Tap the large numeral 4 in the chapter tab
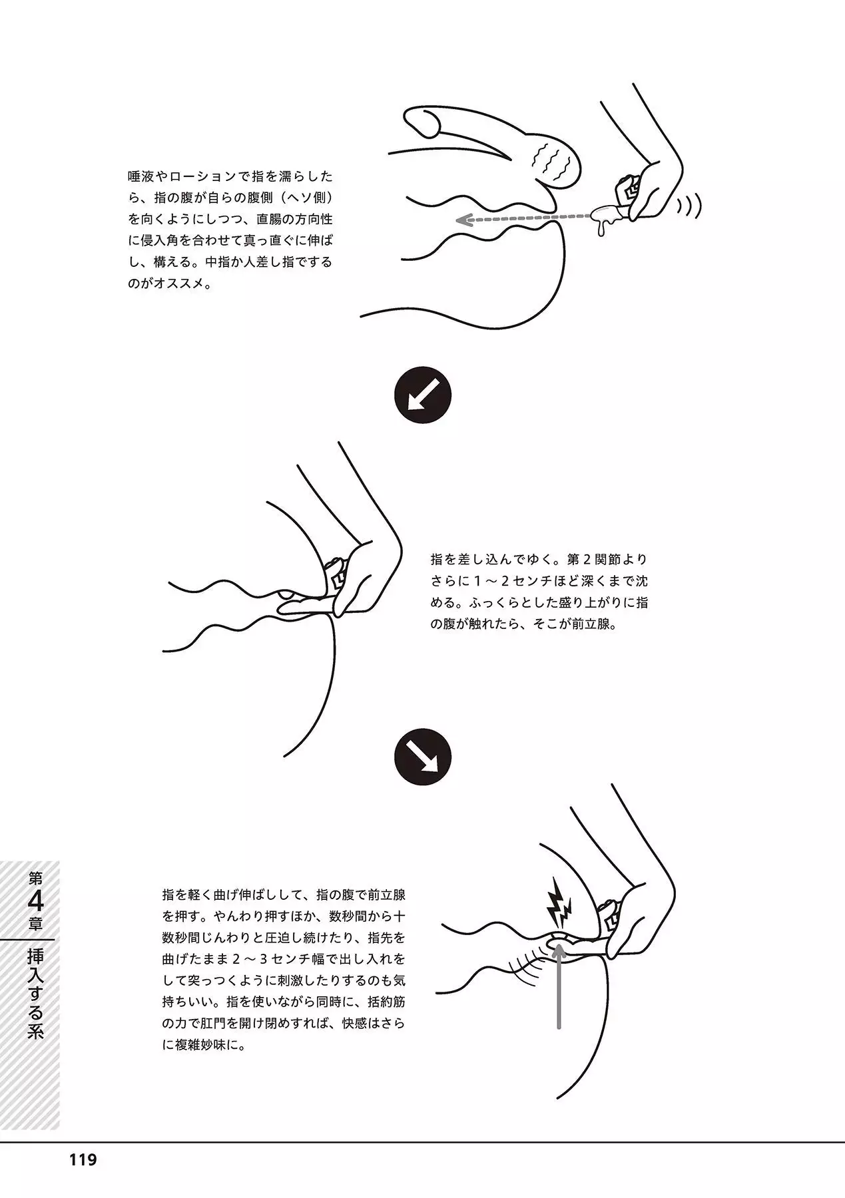[35, 902]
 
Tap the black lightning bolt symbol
[558, 902]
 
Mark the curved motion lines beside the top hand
[690, 208]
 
